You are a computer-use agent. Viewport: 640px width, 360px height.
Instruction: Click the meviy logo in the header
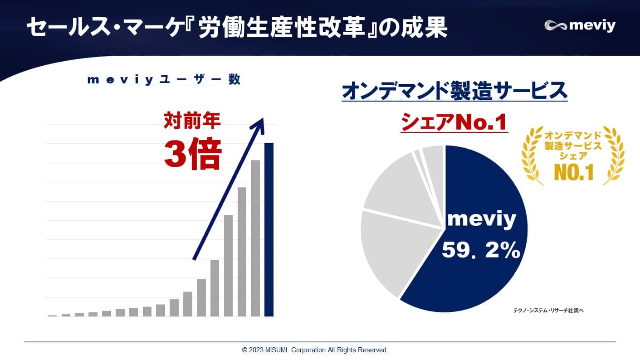[x=580, y=26]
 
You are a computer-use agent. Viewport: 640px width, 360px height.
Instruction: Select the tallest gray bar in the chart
[x=255, y=238]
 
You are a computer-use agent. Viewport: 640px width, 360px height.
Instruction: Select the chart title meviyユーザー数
[x=163, y=80]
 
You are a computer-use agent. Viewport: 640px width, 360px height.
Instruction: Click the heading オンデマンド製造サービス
[x=454, y=91]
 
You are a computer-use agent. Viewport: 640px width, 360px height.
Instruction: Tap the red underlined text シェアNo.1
[x=454, y=123]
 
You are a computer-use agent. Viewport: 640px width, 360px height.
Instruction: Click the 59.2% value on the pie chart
[x=481, y=250]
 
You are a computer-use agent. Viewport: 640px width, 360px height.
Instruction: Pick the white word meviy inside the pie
[x=482, y=220]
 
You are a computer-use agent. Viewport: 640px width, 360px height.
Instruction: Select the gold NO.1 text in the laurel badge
[x=573, y=172]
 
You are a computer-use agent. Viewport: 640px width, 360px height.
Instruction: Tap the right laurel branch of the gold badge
[x=615, y=156]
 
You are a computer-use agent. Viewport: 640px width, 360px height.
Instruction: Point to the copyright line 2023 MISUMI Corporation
[x=315, y=350]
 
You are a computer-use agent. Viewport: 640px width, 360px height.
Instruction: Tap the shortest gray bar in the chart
[x=52, y=315]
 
